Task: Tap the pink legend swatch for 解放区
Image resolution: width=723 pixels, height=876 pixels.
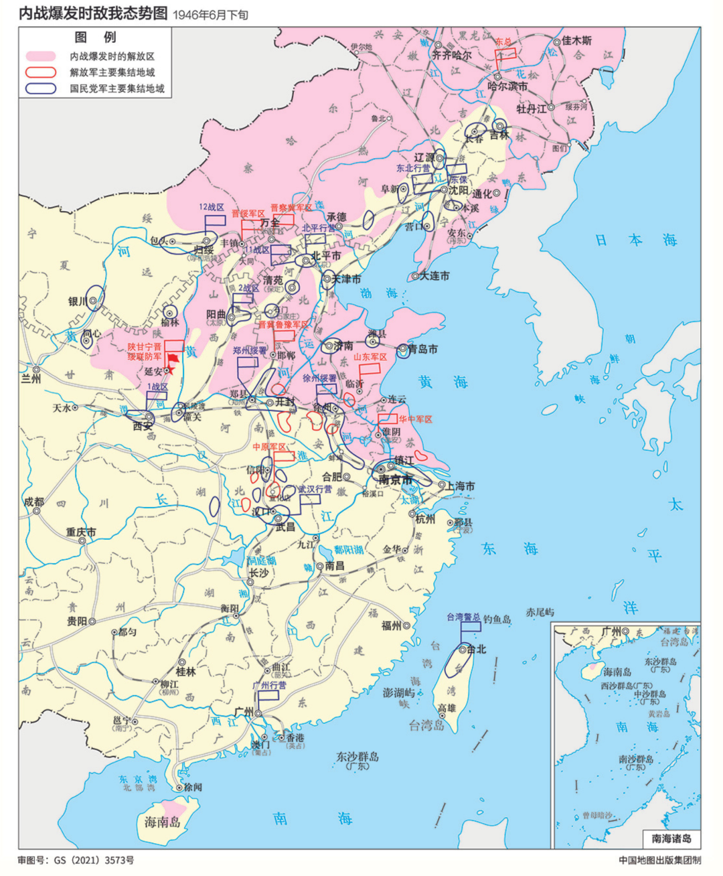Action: click(41, 57)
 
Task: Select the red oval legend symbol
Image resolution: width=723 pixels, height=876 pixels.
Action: click(41, 72)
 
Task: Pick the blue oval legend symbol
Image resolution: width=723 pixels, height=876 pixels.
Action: click(41, 88)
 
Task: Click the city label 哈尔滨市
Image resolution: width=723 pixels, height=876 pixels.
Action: click(507, 86)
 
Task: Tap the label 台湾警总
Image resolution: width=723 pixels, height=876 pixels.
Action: click(463, 617)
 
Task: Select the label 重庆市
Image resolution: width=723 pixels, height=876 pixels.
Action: click(80, 532)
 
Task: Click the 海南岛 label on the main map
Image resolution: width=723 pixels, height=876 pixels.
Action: click(163, 822)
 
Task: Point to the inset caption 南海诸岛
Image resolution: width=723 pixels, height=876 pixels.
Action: click(670, 838)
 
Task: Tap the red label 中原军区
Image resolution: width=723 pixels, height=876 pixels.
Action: click(269, 447)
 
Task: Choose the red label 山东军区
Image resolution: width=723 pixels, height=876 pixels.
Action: click(370, 357)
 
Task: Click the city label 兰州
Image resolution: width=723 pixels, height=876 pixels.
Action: click(31, 378)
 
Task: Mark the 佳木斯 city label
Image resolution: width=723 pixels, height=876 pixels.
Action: click(576, 41)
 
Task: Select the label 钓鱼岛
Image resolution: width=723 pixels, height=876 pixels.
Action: click(497, 619)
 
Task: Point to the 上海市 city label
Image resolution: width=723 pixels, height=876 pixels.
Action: click(461, 486)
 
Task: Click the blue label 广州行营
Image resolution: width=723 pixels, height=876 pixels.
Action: click(269, 685)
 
